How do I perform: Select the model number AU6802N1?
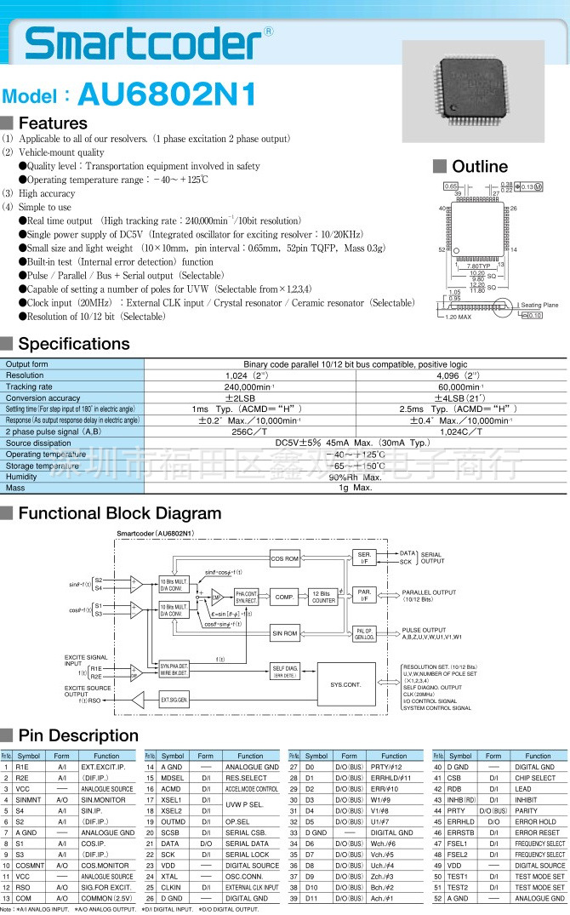165,93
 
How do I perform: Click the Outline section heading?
479,167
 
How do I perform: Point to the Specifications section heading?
74,344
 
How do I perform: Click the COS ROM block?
285,558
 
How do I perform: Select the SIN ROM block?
285,632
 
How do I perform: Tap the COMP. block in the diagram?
284,597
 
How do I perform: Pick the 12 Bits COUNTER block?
322,597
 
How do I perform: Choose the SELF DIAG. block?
285,670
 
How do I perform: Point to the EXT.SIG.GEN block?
174,700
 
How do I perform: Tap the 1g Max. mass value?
356,489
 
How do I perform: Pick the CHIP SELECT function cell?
535,778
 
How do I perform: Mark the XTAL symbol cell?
173,876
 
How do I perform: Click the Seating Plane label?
539,305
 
